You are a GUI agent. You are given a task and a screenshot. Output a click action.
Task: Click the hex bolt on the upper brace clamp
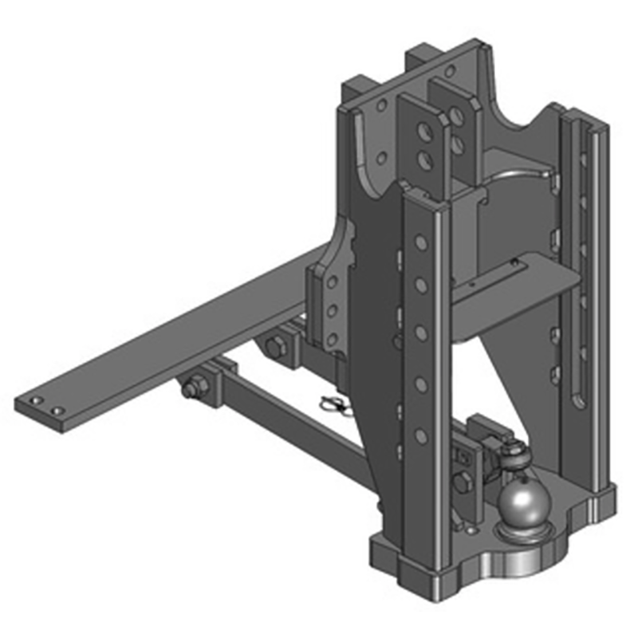[x=277, y=347]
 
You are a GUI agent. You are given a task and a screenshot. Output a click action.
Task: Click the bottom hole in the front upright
[x=421, y=435]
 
